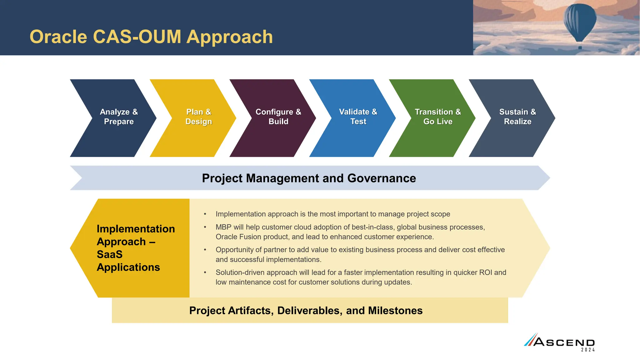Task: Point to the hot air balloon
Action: [580, 22]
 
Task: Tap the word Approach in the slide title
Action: [230, 37]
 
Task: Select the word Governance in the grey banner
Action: [382, 178]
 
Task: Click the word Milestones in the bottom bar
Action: [395, 311]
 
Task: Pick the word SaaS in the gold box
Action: [110, 254]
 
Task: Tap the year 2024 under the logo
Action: [588, 350]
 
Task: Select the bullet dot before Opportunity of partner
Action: [205, 250]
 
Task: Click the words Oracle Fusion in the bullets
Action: [238, 237]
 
